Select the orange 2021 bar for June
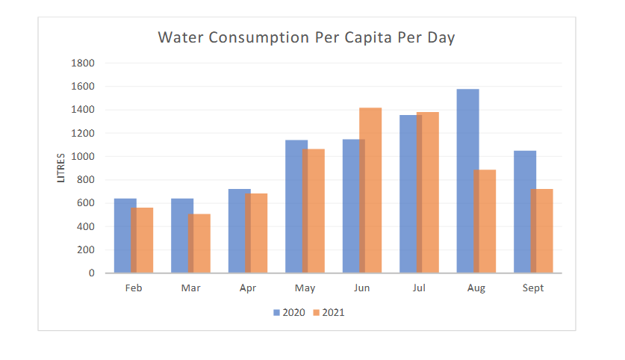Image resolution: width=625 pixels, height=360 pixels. (371, 190)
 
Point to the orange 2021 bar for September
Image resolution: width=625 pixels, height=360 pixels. (542, 231)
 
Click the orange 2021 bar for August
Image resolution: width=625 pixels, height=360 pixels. (485, 221)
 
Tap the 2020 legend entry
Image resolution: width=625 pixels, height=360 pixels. (289, 312)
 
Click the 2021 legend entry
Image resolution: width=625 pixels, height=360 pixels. (329, 312)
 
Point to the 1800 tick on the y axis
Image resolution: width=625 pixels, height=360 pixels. (84, 63)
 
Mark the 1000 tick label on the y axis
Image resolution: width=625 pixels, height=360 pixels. (84, 156)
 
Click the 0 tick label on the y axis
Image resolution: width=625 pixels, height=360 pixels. (91, 273)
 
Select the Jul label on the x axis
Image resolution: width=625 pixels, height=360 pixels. (418, 288)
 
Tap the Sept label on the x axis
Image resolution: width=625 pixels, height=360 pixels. (533, 288)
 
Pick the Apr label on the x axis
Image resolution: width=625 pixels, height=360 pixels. (247, 288)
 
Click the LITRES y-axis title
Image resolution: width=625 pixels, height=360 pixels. (61, 167)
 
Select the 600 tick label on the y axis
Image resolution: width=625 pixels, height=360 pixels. (87, 202)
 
